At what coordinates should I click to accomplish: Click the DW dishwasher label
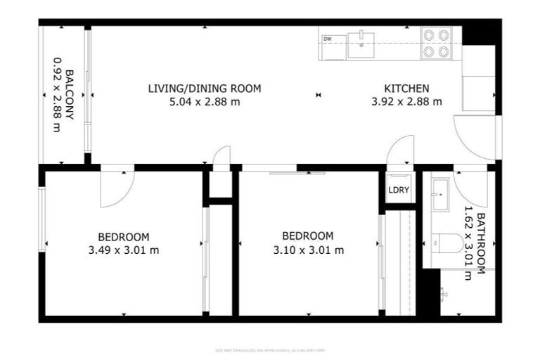coord(328,39)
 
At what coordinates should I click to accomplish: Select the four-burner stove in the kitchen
coord(436,43)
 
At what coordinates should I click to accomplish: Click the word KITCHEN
coord(406,89)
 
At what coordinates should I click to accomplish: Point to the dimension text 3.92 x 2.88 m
coord(406,101)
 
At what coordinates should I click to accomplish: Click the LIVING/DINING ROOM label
coord(205,89)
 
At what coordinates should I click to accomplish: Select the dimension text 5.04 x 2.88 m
coord(205,101)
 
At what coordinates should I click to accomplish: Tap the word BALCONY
coord(70,94)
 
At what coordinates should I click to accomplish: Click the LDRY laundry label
coord(399,191)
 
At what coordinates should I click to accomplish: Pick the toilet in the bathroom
coord(446,243)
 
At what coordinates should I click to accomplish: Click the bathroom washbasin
coord(441,194)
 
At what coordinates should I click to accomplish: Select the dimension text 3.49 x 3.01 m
coord(124,250)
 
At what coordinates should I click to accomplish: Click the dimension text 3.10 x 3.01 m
coord(308,250)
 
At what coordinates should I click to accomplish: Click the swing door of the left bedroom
coord(115,188)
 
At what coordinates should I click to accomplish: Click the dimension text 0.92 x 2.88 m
coord(57,94)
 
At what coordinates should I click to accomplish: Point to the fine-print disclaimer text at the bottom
coord(270,349)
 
